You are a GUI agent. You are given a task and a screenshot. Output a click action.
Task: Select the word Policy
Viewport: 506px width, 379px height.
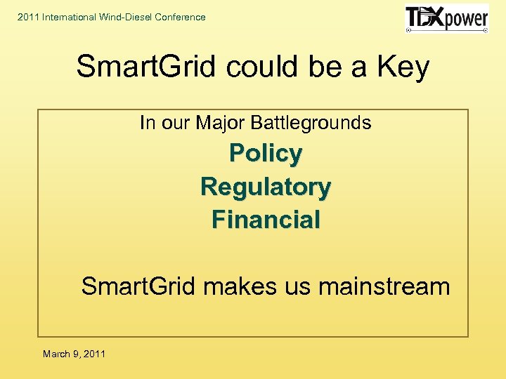266,154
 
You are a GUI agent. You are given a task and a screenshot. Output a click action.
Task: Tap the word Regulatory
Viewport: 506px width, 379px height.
266,187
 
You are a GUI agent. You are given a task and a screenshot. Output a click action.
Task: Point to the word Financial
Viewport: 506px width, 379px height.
266,220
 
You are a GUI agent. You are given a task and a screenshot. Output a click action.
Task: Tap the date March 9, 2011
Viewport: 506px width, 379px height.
74,354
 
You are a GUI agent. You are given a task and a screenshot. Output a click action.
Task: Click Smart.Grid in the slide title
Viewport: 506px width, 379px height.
145,67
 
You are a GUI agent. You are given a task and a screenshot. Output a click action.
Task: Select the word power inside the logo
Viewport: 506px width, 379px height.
465,19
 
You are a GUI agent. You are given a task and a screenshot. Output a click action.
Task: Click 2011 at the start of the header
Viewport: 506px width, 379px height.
29,17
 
